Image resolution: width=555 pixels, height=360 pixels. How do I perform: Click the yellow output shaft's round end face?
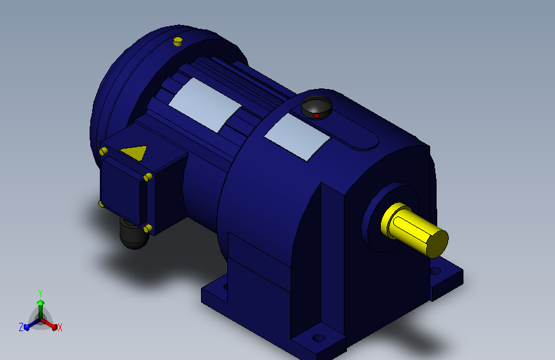[x=437, y=243]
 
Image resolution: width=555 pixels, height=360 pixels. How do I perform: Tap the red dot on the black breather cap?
[x=316, y=115]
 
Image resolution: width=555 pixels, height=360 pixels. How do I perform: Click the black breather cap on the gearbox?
[x=316, y=108]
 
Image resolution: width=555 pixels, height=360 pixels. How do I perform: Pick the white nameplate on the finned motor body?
[x=205, y=105]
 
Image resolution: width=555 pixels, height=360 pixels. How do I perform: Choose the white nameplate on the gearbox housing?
[x=297, y=137]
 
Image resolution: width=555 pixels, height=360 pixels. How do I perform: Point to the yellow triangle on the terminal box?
[x=134, y=152]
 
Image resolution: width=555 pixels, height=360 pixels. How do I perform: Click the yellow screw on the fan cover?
[x=178, y=41]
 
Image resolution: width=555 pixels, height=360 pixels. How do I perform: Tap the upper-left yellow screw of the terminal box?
[x=103, y=152]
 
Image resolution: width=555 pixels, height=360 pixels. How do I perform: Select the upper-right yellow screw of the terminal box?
[x=148, y=176]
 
